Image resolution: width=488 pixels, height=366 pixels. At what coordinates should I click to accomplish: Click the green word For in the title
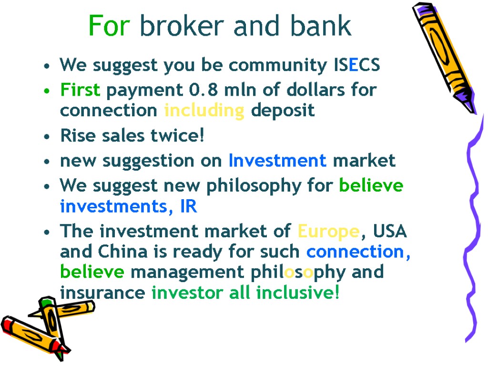[109, 26]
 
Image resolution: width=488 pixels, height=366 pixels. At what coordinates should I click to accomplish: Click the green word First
[81, 90]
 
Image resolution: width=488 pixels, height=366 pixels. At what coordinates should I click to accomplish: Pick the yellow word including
[204, 111]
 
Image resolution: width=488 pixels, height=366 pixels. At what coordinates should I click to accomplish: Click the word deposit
[283, 111]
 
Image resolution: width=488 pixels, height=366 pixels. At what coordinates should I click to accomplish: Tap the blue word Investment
[277, 161]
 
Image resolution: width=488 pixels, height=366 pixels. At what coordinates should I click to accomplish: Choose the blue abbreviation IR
[188, 207]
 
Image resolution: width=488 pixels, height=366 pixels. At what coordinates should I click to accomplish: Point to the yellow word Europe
[328, 232]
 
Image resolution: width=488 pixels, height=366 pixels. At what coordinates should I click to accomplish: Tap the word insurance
[102, 293]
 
